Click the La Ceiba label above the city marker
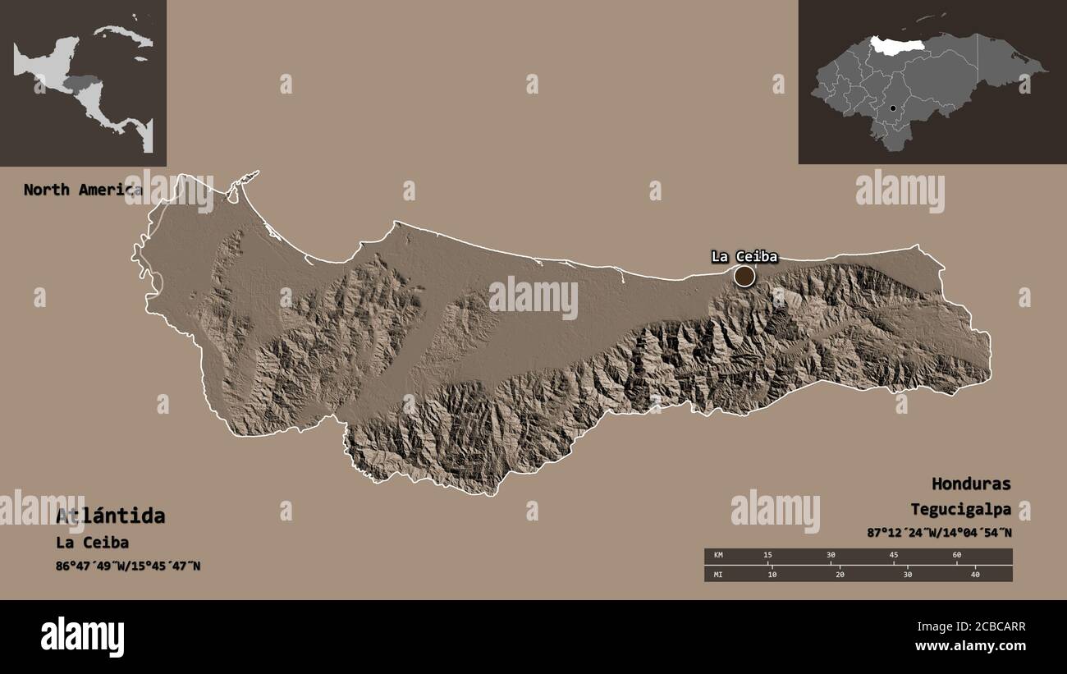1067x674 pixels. pos(744,256)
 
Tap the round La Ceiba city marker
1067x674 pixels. pos(744,277)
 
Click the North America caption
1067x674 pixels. pos(82,190)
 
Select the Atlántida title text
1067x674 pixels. pos(110,516)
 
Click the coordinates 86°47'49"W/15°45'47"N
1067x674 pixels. pos(128,566)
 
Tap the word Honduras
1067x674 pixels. pos(971,484)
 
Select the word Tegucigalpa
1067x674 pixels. pos(960,509)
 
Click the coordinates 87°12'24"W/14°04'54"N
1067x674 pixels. pos(939,532)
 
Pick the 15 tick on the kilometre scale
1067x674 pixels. pos(767,556)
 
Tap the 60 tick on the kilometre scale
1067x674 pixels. pos(956,556)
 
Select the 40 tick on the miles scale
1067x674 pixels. pos(975,574)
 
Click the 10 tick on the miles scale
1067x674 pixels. pos(772,574)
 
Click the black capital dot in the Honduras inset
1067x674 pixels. pos(893,108)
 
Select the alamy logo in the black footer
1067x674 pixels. pos(82,636)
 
